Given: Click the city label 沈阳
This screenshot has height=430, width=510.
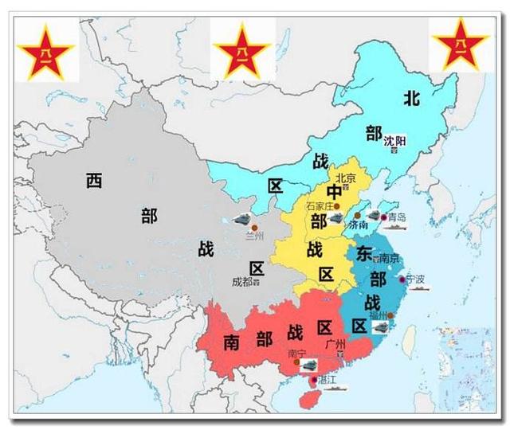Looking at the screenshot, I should point(394,141).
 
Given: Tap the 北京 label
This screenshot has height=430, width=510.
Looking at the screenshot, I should point(345,178).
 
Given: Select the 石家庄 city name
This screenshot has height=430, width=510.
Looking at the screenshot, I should point(321,205).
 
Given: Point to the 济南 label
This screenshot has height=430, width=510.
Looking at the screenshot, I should point(359,225).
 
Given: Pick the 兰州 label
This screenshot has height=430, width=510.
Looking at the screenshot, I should point(255,236).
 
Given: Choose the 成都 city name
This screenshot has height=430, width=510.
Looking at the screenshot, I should point(242,281).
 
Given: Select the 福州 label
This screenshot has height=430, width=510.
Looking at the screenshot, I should point(377,315).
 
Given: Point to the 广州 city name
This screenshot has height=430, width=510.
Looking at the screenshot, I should point(335,343).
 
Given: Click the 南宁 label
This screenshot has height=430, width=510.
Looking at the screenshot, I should point(297,353).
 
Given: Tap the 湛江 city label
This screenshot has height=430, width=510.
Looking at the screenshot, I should point(327,380).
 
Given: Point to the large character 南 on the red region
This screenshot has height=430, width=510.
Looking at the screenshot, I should point(232,342).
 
